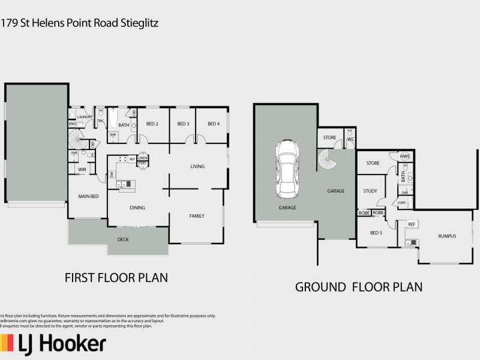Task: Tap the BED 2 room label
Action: (x=152, y=124)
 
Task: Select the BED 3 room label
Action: (x=183, y=124)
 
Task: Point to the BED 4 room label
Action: (x=214, y=124)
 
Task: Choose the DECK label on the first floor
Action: (x=122, y=239)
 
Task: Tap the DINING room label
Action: (x=137, y=208)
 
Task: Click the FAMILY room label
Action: (x=197, y=216)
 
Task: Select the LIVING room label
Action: (x=197, y=166)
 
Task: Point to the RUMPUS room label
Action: (x=447, y=236)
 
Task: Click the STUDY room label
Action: (x=370, y=191)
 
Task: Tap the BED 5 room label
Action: (x=376, y=232)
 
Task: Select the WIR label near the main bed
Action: (x=82, y=170)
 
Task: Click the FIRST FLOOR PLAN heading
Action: (x=115, y=278)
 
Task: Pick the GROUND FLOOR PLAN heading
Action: (x=358, y=287)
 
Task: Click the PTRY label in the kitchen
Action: (x=142, y=163)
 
